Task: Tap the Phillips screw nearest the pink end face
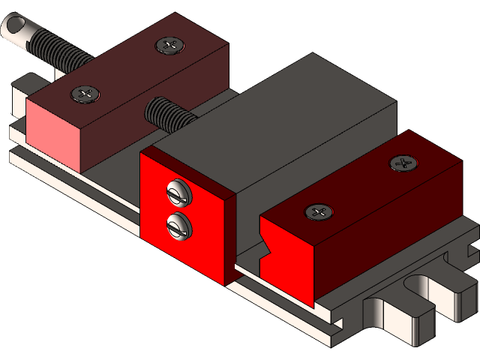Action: tap(85, 94)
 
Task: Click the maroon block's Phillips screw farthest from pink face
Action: tap(169, 45)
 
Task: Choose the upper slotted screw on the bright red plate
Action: tap(179, 193)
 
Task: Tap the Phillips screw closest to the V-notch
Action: tap(319, 212)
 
